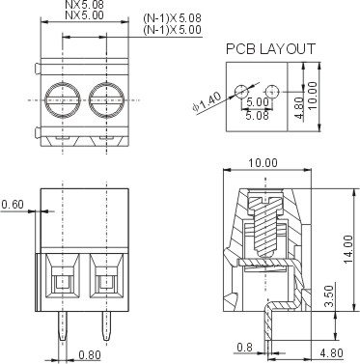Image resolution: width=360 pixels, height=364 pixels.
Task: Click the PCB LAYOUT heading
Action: [270, 49]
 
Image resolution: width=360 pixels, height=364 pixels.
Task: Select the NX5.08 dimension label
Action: [85, 5]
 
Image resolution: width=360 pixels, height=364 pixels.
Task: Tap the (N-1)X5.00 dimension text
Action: [173, 30]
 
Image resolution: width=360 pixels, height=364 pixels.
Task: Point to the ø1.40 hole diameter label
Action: [207, 102]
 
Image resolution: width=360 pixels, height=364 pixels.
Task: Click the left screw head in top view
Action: [63, 99]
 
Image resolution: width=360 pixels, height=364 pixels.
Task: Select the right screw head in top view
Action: [106, 99]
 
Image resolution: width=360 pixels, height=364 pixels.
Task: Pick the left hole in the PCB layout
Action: [241, 92]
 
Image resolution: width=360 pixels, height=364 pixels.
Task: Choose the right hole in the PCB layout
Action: [272, 92]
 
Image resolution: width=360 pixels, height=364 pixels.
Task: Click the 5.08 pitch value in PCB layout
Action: [257, 115]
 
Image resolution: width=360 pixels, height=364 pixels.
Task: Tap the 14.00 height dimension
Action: [348, 249]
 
